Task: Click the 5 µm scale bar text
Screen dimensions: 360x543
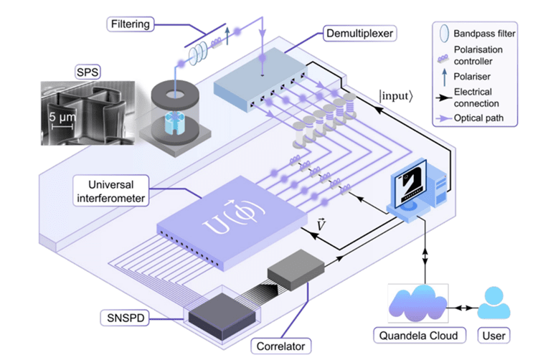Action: tap(62, 114)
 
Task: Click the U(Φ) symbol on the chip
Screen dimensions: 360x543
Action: tap(214, 214)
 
